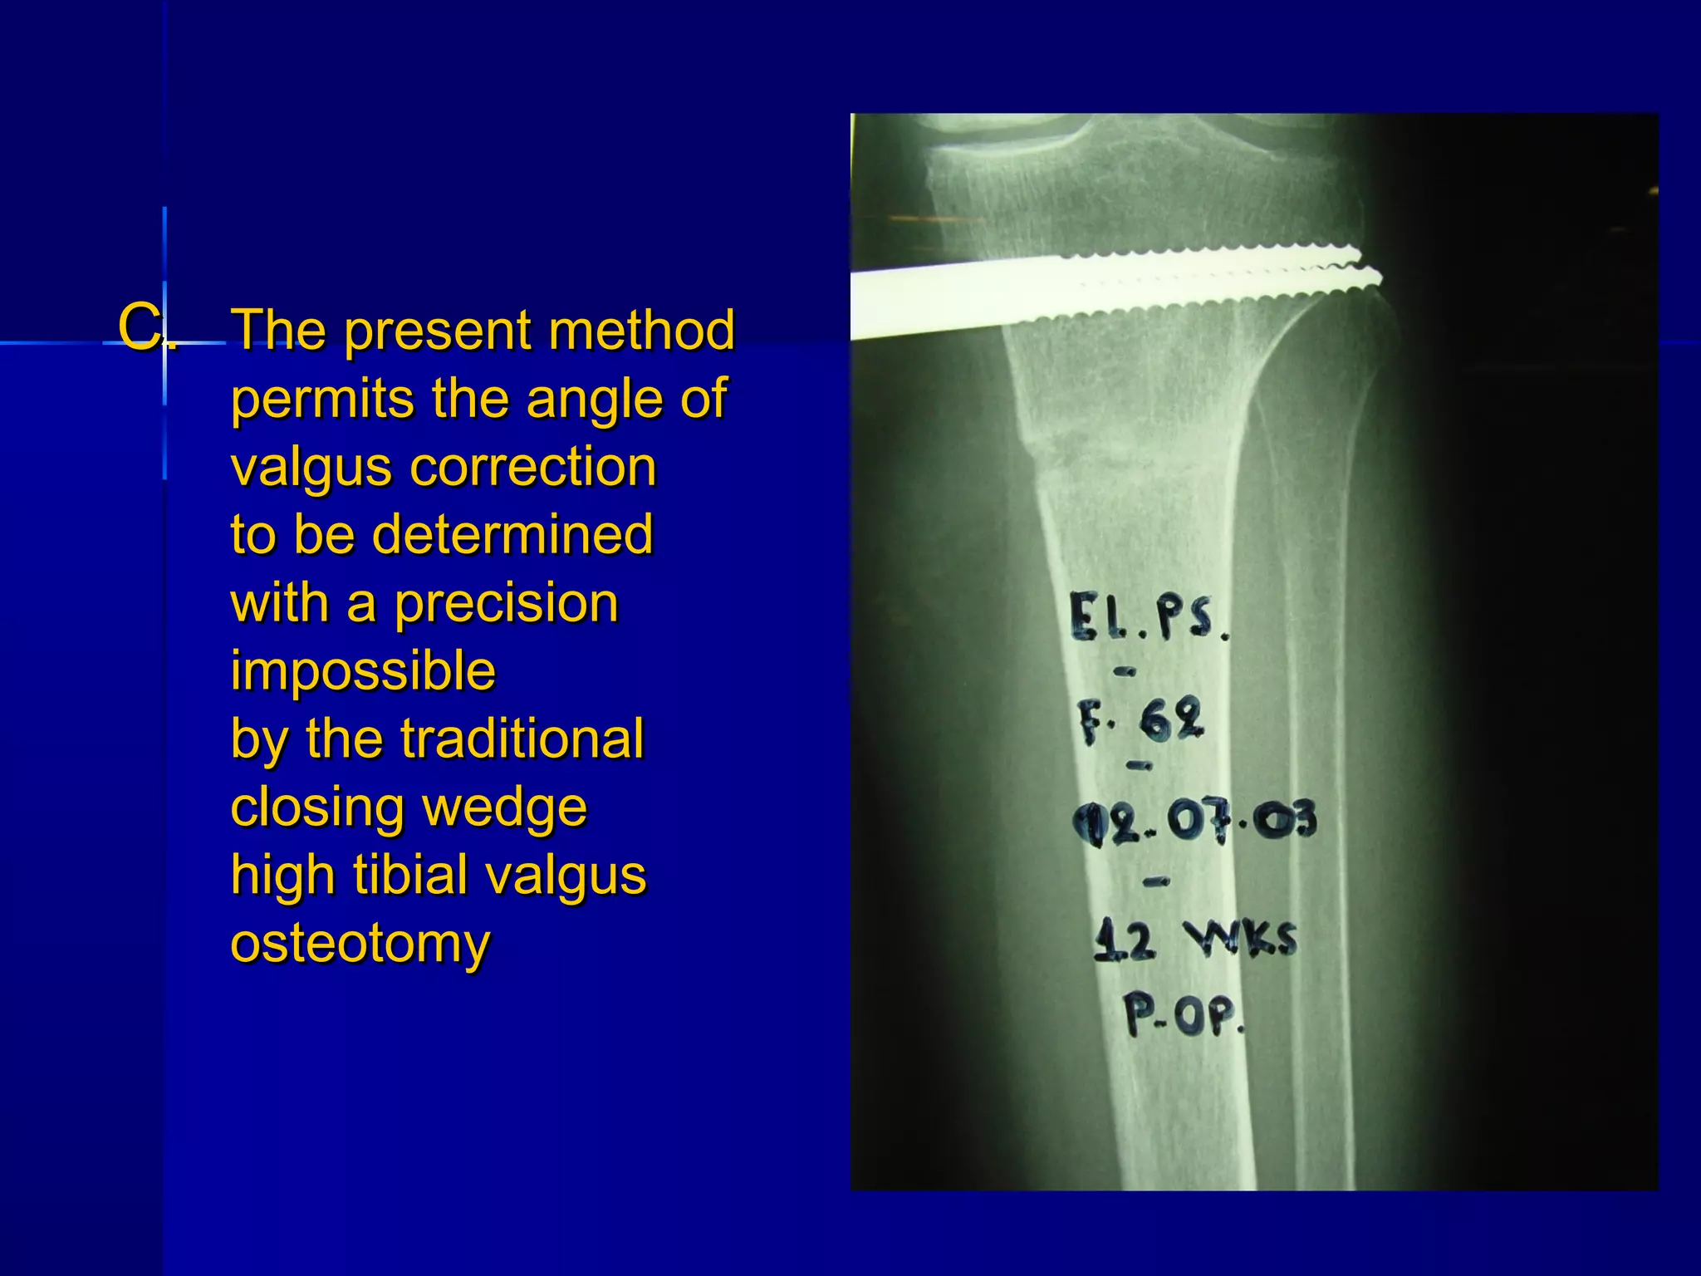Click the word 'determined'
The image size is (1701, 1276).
[x=512, y=534]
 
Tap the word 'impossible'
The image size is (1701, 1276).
[x=363, y=670]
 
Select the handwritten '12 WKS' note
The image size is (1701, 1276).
[x=1194, y=941]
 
